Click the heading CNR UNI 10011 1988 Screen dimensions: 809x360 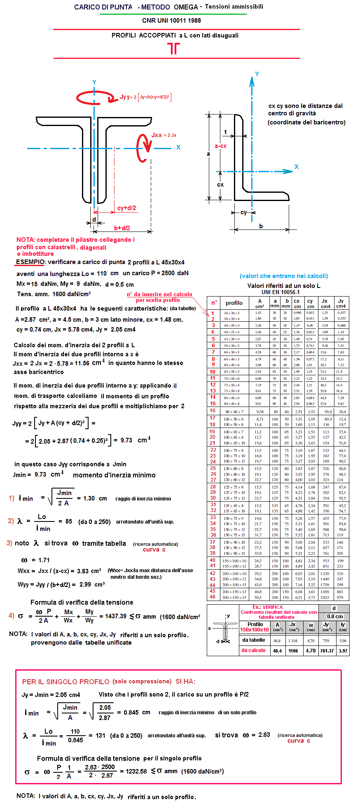171,21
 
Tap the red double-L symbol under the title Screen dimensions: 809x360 174,49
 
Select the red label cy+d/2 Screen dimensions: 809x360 126,208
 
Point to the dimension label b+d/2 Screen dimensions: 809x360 122,228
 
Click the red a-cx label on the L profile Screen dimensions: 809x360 220,146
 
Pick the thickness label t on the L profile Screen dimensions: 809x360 225,132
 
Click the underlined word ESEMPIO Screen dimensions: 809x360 30,262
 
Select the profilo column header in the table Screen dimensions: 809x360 234,303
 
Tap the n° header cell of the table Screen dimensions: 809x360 214,303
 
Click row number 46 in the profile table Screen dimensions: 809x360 213,596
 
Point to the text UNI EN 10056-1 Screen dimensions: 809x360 280,292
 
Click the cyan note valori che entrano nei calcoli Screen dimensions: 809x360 284,276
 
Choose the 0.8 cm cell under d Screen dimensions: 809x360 335,617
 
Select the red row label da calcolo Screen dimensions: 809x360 253,650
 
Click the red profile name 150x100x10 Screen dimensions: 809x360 254,630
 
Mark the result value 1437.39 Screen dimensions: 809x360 116,616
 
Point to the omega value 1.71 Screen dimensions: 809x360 44,560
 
